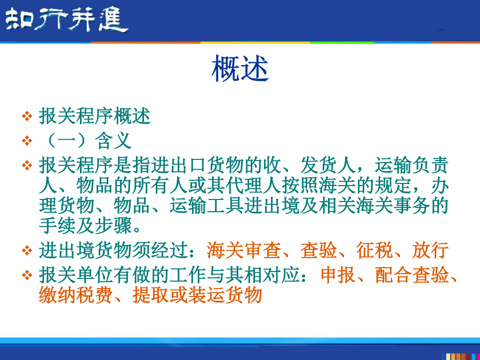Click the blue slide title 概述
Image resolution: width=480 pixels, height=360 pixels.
pyautogui.click(x=240, y=68)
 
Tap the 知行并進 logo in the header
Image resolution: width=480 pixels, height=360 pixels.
pyautogui.click(x=67, y=20)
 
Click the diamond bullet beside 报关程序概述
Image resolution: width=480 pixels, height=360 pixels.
pyautogui.click(x=27, y=116)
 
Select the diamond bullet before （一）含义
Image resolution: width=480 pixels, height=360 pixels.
pyautogui.click(x=27, y=141)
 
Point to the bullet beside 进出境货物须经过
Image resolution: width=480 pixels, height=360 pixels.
pyautogui.click(x=27, y=251)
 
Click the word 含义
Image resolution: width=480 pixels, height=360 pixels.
pyautogui.click(x=113, y=141)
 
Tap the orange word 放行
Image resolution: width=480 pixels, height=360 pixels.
pyautogui.click(x=430, y=250)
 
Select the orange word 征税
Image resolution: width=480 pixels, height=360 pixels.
pyautogui.click(x=374, y=250)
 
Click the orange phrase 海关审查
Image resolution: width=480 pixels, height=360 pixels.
pyautogui.click(x=244, y=250)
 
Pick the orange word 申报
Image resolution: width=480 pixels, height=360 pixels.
pyautogui.click(x=338, y=275)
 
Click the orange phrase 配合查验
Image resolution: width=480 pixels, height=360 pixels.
pyautogui.click(x=412, y=275)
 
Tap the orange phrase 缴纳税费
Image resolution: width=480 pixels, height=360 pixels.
pyautogui.click(x=75, y=295)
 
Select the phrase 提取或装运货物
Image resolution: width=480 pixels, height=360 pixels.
pyautogui.click(x=197, y=295)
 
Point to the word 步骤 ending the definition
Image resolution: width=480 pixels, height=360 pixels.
pyautogui.click(x=113, y=226)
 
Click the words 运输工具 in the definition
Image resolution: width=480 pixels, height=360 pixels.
pyautogui.click(x=206, y=205)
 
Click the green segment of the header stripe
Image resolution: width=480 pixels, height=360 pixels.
pyautogui.click(x=342, y=42)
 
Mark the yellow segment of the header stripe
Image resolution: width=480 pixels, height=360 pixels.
pyautogui.click(x=255, y=42)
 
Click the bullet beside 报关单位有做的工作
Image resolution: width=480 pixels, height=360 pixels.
pyautogui.click(x=27, y=275)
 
